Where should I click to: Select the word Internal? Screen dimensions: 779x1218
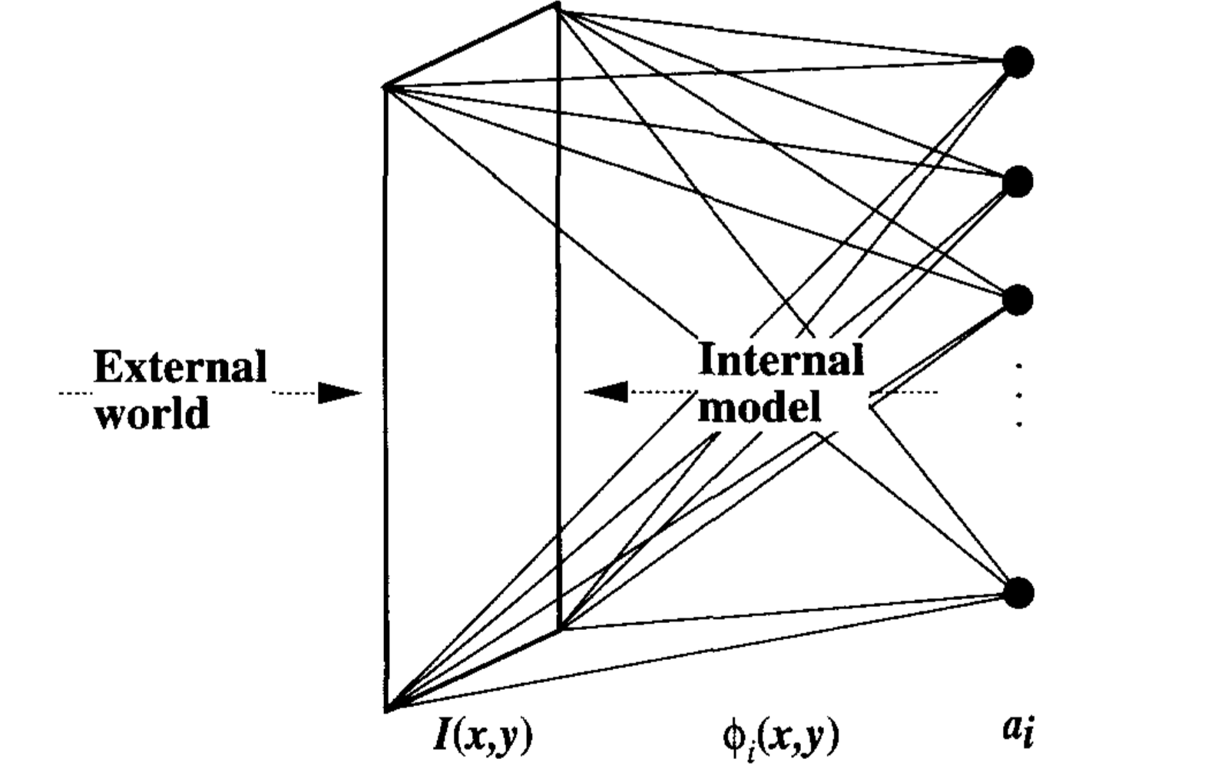click(x=780, y=359)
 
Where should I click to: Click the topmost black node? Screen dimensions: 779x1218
click(x=1018, y=62)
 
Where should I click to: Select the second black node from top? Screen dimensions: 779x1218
click(x=1018, y=182)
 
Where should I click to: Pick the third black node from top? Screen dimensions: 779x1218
click(x=1018, y=300)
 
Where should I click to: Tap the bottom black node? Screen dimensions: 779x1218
click(x=1018, y=592)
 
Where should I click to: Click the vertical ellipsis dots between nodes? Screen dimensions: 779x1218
click(x=1018, y=395)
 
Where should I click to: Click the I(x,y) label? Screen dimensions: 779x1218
click(x=482, y=735)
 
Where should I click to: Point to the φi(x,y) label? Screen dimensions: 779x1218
click(x=780, y=736)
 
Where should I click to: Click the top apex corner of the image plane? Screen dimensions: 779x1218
click(x=558, y=6)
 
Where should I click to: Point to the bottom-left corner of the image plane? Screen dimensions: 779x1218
click(x=386, y=709)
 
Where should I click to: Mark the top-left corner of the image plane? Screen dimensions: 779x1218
click(x=385, y=87)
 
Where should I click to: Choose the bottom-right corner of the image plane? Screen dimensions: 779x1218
click(x=561, y=629)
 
